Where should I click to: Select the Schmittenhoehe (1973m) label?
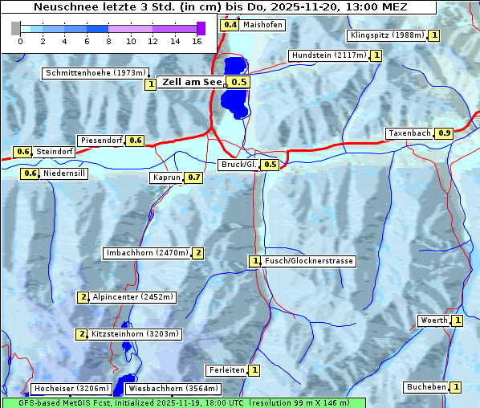point(96,73)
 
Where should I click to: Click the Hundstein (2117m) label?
point(329,55)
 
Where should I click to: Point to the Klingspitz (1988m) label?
point(387,35)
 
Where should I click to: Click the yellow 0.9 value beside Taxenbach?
point(445,133)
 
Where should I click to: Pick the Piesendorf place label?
point(100,141)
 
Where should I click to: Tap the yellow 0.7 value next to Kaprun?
point(193,177)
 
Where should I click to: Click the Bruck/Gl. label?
point(238,165)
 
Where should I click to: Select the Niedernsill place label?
point(64,173)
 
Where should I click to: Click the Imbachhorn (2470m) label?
point(147,253)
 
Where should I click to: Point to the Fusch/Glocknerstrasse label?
point(309,261)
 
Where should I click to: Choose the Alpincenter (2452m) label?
point(133,297)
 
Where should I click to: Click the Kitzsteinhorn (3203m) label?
point(136,334)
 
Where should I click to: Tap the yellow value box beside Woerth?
point(458,320)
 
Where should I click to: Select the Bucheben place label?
point(426,387)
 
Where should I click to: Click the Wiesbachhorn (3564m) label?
point(173,389)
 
